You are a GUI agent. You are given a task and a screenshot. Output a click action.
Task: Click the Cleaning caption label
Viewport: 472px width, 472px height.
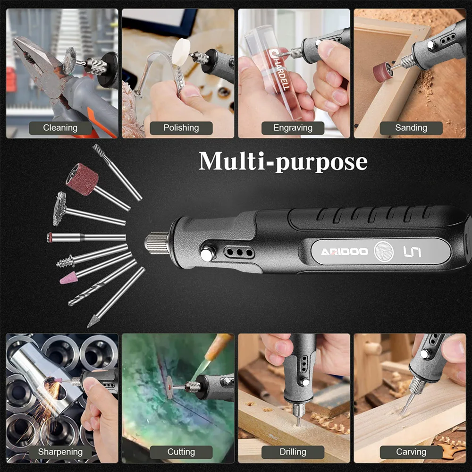(60, 128)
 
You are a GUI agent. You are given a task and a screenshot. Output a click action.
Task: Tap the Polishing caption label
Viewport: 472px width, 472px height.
(181, 128)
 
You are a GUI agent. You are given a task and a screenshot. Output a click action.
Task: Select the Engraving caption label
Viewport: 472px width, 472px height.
(293, 128)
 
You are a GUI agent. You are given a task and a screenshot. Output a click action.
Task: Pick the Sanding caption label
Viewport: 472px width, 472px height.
(411, 128)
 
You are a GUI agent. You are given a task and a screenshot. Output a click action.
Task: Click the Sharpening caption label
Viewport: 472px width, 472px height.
(60, 452)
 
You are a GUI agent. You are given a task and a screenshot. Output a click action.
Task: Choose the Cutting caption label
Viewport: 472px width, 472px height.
(181, 452)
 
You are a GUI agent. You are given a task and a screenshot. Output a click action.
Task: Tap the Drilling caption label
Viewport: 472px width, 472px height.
(293, 452)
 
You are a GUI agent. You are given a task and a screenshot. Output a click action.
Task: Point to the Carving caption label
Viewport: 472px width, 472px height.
(411, 452)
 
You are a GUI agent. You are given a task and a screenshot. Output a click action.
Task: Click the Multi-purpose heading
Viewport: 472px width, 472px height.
(283, 161)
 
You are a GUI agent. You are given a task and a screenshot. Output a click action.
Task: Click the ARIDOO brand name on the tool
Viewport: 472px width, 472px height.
(345, 252)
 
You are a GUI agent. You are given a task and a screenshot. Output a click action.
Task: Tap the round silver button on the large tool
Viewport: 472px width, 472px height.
(207, 253)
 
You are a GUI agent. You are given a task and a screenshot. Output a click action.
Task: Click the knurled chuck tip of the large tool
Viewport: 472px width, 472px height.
(157, 243)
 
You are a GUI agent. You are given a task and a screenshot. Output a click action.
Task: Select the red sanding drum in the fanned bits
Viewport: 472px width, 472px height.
(82, 179)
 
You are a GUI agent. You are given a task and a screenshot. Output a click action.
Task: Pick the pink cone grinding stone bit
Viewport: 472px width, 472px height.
(69, 279)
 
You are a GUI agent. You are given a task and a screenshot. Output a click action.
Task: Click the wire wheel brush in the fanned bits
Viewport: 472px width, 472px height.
(59, 209)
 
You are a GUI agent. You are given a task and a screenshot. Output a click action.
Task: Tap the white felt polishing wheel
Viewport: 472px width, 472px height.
(181, 52)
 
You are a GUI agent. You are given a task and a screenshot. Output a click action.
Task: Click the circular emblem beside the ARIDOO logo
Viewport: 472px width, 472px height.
(383, 252)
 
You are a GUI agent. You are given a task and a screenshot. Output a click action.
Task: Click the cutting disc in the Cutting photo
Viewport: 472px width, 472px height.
(169, 387)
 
